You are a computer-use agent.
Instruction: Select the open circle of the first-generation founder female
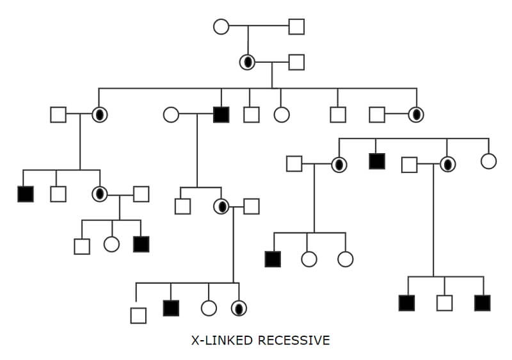(x=221, y=27)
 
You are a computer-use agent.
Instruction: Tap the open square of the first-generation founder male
(x=296, y=27)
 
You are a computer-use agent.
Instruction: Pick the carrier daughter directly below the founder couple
(x=247, y=62)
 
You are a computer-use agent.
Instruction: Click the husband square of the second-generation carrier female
(x=296, y=62)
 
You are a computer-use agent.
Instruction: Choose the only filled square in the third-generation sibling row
(x=221, y=115)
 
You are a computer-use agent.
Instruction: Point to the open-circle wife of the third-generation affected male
(x=171, y=115)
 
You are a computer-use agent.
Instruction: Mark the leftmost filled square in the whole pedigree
(x=26, y=193)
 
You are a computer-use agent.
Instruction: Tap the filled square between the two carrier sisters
(x=377, y=161)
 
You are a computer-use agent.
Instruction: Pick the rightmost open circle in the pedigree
(x=488, y=161)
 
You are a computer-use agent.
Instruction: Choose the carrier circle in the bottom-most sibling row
(x=239, y=308)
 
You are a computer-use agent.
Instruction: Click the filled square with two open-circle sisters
(x=273, y=259)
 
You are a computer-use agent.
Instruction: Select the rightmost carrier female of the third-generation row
(x=417, y=115)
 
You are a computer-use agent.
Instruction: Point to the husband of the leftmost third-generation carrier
(x=58, y=115)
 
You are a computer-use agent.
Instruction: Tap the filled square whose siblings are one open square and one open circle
(x=141, y=244)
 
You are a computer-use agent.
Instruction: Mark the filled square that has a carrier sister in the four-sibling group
(x=171, y=308)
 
